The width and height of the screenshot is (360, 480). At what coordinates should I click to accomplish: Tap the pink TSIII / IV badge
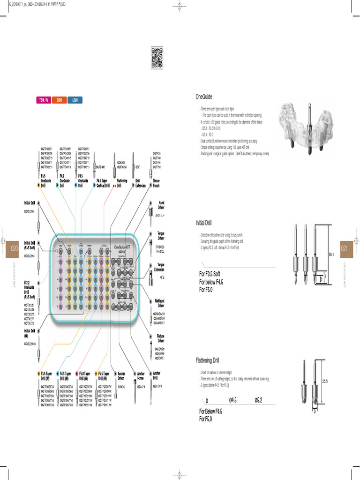coord(44,100)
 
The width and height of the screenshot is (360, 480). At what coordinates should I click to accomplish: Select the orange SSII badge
coord(60,100)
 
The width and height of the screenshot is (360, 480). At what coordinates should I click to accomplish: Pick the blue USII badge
coord(75,100)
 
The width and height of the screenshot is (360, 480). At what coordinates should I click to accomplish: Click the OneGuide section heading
coord(204,97)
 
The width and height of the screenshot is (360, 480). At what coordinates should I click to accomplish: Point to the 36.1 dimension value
coord(331,255)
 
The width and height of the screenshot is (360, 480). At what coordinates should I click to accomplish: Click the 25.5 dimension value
coord(325,381)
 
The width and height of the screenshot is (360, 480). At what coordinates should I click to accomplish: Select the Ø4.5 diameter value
coord(232,400)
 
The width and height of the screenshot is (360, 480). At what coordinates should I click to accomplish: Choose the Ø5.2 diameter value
coord(258,400)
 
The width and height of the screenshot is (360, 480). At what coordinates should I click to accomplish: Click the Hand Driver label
coord(155,205)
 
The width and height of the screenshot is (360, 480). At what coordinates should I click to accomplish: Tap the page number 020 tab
coord(15,248)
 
